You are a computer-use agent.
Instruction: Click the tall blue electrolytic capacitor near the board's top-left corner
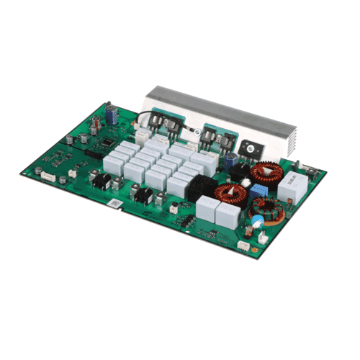[109, 114]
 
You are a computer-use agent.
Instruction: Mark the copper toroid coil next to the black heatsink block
[230, 193]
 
